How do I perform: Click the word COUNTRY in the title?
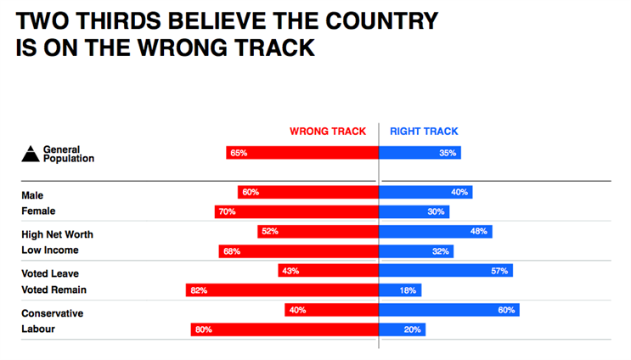tap(381, 20)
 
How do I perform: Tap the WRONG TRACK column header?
tap(328, 132)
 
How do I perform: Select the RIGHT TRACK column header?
tap(424, 132)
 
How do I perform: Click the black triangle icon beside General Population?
tap(31, 154)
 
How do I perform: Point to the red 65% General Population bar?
tap(302, 153)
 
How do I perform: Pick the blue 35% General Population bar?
tap(420, 153)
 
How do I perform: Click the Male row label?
tap(32, 195)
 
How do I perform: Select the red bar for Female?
tap(296, 212)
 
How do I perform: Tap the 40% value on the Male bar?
tap(459, 192)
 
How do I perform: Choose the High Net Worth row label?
tap(57, 234)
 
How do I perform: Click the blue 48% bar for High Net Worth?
tap(436, 232)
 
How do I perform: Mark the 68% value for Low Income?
tap(232, 252)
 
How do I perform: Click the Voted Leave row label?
tap(50, 274)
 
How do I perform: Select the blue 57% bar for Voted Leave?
tap(446, 271)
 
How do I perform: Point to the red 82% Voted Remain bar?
tap(282, 290)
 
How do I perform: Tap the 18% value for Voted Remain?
tap(408, 290)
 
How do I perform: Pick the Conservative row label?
tap(53, 313)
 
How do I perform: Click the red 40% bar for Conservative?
tap(331, 310)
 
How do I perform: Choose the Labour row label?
tap(38, 329)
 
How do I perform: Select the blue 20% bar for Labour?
tap(402, 329)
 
